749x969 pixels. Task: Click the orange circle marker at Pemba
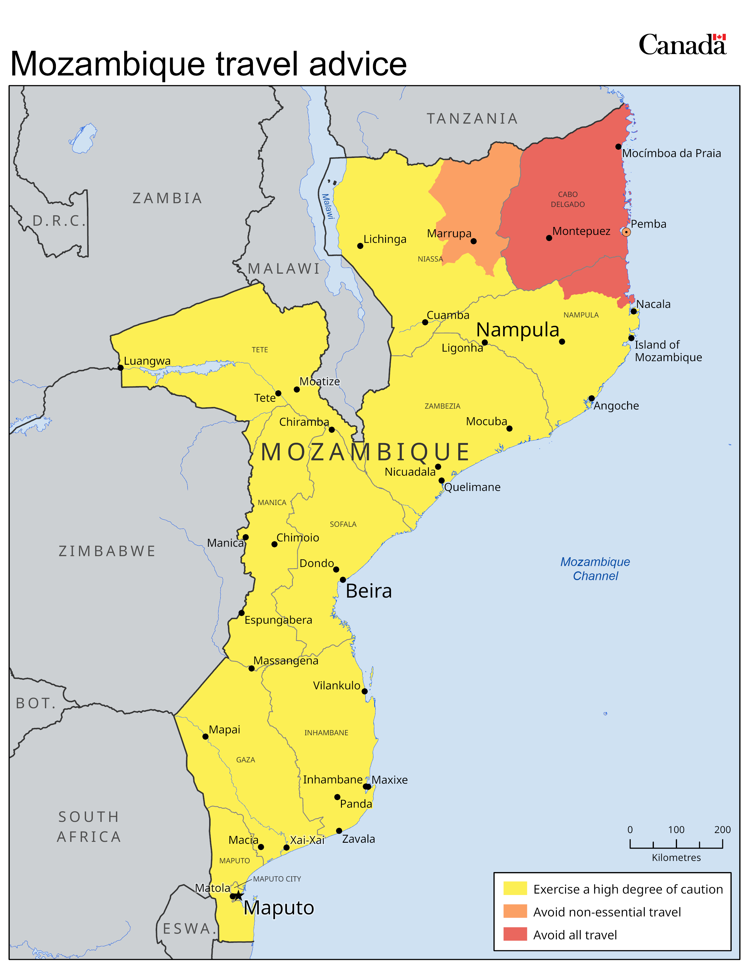tap(626, 232)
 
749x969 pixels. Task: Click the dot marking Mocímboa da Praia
tap(618, 147)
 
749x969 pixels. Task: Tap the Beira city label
tap(369, 591)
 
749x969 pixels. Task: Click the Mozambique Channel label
tap(595, 569)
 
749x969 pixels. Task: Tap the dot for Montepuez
tap(549, 238)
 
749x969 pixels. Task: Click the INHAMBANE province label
tap(326, 733)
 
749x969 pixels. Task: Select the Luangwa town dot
tap(120, 367)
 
